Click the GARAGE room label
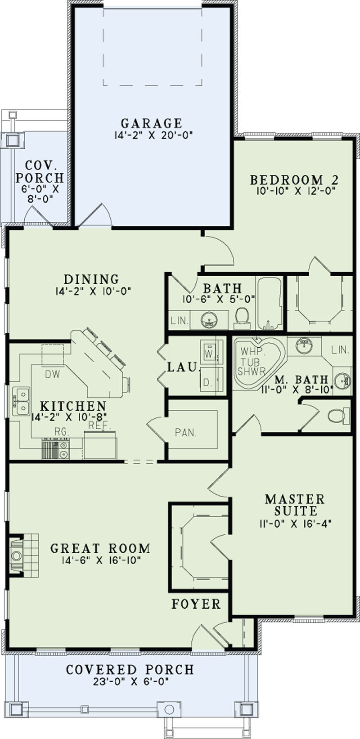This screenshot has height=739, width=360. click(152, 123)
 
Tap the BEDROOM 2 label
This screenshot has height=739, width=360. click(294, 180)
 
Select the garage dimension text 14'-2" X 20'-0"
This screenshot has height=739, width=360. click(153, 135)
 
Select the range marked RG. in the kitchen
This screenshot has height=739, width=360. click(55, 448)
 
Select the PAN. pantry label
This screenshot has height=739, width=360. click(186, 433)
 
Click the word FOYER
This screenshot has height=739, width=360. click(196, 604)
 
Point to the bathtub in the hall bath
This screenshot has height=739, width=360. click(270, 303)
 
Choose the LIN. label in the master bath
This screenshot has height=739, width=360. click(340, 350)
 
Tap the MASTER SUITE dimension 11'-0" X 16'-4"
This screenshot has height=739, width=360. click(296, 524)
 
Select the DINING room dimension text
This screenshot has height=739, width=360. click(94, 291)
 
